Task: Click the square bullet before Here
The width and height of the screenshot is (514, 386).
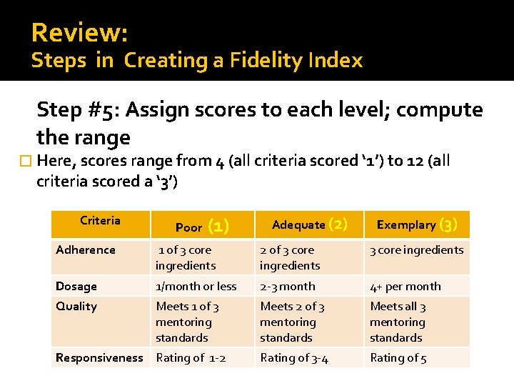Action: point(28,161)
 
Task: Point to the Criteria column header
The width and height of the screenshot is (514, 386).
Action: point(100,221)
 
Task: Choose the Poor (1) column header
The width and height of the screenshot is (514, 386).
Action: point(201,227)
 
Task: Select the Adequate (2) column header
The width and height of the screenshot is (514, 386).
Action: point(309,224)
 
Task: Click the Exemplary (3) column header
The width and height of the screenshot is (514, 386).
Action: point(416,224)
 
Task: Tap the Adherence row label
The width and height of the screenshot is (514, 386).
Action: point(86,250)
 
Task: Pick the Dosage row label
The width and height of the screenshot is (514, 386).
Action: point(76,287)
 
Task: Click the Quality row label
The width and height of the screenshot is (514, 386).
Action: point(76,307)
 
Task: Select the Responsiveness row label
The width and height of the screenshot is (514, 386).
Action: point(99,358)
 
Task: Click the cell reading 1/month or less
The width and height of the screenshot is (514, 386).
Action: point(196,287)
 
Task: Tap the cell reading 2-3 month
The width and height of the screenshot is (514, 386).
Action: point(287,287)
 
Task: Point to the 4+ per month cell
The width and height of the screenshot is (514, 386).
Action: point(405,287)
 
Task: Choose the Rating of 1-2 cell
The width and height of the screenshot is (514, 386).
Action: point(191,358)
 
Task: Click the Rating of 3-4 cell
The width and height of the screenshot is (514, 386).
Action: point(294,358)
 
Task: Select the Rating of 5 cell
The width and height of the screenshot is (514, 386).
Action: point(398,358)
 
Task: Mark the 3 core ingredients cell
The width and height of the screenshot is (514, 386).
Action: point(416,250)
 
